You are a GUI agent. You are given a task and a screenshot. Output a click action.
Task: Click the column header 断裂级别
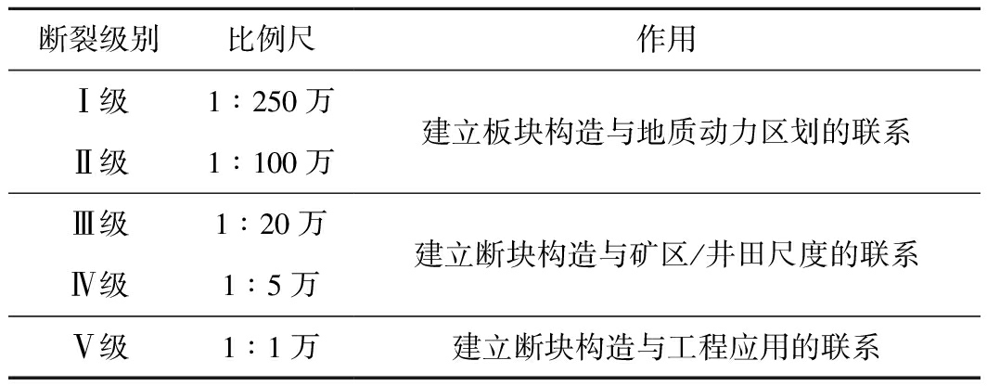click(x=99, y=40)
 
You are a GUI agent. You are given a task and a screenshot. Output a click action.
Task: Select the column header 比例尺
click(x=271, y=40)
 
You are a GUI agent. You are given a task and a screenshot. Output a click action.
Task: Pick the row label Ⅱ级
click(x=99, y=163)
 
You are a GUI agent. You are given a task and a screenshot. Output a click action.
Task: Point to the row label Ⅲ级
click(x=99, y=225)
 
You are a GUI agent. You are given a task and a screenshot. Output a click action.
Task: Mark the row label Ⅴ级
click(x=99, y=348)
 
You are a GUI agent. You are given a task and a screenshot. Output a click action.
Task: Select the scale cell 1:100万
click(x=271, y=163)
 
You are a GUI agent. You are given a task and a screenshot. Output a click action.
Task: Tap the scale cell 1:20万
click(x=271, y=225)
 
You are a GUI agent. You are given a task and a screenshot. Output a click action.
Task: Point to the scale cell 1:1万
click(x=271, y=348)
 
